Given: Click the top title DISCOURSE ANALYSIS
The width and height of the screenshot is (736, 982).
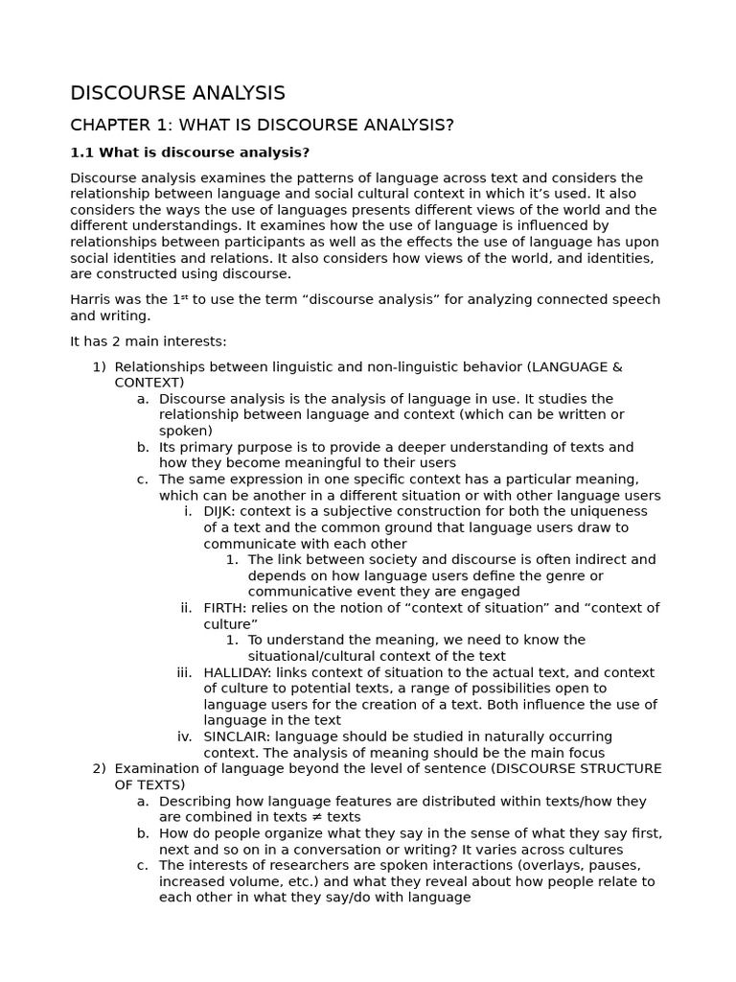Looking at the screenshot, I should click(177, 93).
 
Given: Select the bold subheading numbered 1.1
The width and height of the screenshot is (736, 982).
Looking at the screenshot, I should click(190, 152).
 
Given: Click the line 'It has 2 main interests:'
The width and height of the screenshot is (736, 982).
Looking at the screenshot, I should click(149, 341).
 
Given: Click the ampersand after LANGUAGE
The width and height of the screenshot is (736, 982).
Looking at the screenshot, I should click(617, 367).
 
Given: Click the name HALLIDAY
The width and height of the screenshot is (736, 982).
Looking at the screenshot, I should click(237, 673).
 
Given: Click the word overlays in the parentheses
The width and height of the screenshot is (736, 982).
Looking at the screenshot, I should click(522, 866).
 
